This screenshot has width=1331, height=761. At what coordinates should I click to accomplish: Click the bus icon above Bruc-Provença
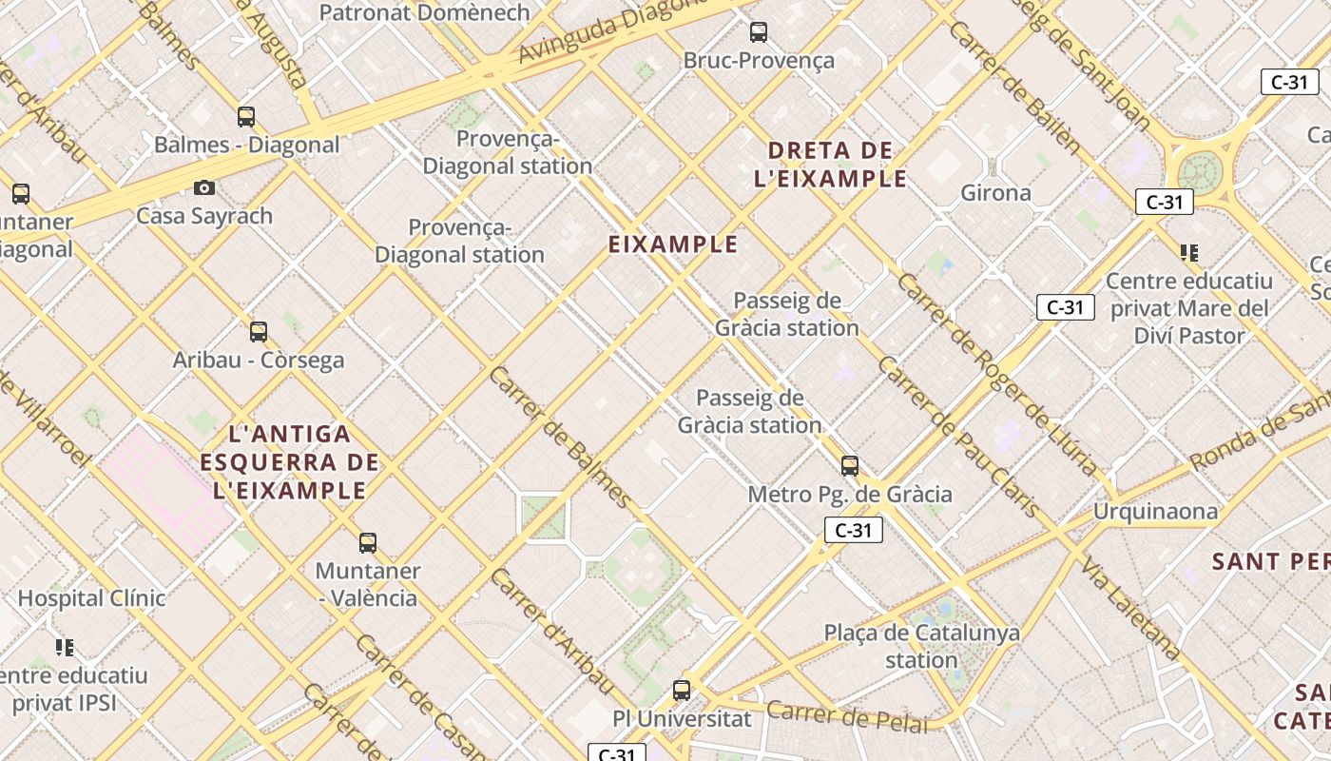(758, 32)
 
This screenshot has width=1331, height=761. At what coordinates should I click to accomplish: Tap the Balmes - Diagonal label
(246, 145)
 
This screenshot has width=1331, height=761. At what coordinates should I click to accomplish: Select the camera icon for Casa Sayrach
(204, 188)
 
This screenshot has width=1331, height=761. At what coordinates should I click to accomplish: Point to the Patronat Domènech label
(424, 12)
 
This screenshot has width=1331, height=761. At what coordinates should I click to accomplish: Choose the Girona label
(995, 193)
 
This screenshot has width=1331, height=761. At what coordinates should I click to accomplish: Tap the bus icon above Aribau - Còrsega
(258, 332)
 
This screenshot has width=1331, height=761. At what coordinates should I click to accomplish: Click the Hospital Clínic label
(91, 598)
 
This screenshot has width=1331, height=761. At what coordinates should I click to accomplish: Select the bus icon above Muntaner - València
(368, 543)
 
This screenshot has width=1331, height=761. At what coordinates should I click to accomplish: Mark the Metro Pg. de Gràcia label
(849, 495)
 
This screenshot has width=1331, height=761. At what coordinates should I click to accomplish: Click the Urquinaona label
(1154, 512)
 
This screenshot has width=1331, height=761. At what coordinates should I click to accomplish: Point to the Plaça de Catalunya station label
(921, 646)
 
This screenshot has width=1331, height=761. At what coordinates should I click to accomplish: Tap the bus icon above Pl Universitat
(682, 691)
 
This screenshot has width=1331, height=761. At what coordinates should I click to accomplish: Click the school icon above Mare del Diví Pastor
(1188, 253)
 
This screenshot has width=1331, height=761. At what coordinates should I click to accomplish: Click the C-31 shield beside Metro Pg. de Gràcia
(853, 530)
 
